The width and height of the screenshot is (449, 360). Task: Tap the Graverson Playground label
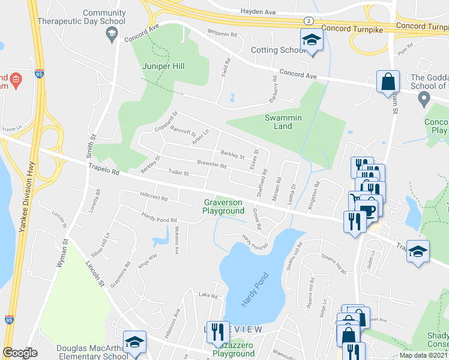[223, 206]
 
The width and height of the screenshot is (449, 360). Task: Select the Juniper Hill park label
[163, 66]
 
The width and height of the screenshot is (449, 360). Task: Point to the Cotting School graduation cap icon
[312, 41]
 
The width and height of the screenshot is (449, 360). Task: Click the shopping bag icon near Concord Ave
[388, 80]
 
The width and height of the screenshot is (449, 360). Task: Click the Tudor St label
[178, 173]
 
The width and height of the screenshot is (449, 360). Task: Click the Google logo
[20, 353]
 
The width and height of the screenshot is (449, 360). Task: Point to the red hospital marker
[16, 79]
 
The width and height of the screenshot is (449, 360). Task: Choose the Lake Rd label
[207, 295]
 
